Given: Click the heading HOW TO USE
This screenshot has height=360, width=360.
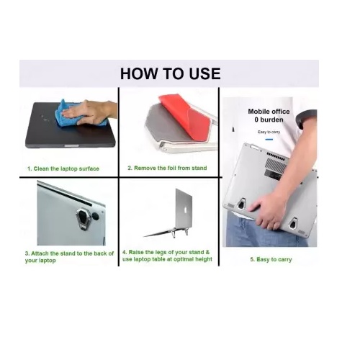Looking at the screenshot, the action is pos(170,73).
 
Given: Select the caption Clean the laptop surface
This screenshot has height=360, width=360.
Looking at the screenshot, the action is pos(63,168).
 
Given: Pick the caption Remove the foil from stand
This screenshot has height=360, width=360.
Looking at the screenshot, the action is pos(167,168).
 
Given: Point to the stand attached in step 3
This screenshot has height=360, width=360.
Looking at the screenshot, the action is pos(83,218).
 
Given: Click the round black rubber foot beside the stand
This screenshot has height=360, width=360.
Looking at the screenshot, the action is pos(96,216).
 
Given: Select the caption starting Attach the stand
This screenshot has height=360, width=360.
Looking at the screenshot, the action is pos(69,257).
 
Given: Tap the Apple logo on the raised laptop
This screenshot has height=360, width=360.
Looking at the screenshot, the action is pos(185,210).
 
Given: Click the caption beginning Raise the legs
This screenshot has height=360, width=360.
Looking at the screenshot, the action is pos(167,256).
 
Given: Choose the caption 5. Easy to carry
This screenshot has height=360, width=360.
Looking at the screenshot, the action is pos(271,259).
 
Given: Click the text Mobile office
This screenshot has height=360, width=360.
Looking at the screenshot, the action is pos(269,112).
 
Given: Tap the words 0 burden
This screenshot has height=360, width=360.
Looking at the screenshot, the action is pos(269,120).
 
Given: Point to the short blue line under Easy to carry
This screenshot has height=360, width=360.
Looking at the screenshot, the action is pos(269,140).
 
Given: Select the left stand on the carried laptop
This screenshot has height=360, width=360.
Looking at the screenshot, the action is pos(241,204).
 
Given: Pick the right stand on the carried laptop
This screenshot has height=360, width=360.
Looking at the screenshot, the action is pos(292,224).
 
